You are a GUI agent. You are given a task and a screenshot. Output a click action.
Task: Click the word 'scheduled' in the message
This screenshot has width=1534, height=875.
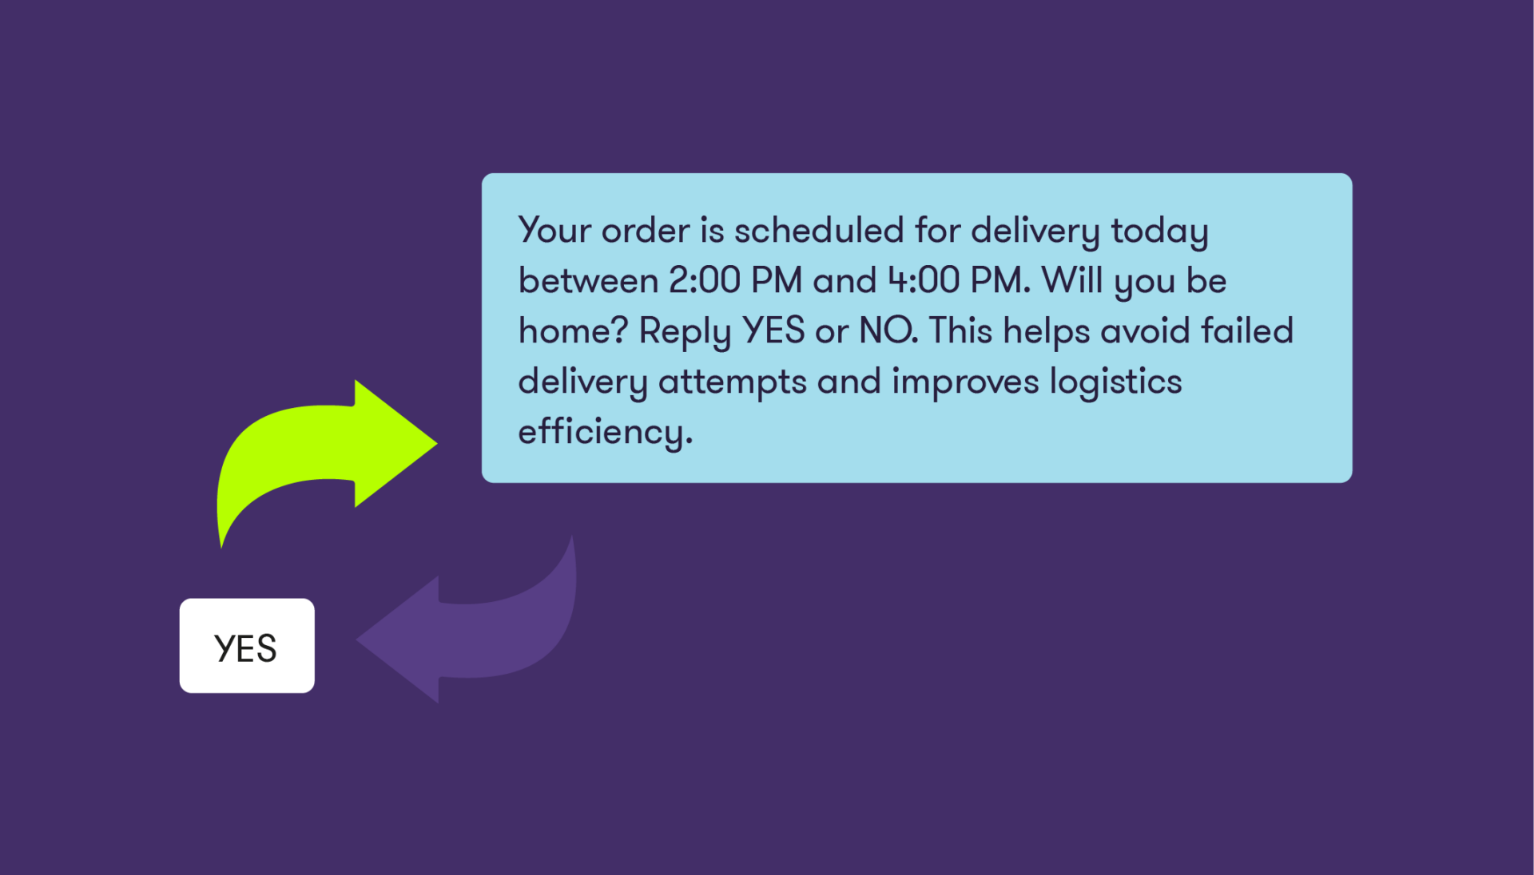pos(819,231)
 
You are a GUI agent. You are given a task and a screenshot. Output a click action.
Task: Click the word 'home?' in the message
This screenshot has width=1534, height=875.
pos(573,331)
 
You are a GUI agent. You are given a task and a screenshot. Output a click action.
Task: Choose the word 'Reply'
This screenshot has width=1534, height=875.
pos(685,331)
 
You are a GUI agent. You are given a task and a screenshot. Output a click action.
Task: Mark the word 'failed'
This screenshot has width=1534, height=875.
pos(1247,331)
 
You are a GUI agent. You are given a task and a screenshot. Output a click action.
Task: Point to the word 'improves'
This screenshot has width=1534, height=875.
pos(965,382)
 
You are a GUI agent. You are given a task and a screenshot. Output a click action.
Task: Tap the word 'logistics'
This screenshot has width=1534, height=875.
pos(1115,382)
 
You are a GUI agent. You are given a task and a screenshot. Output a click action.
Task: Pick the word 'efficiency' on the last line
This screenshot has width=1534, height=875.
pos(602,432)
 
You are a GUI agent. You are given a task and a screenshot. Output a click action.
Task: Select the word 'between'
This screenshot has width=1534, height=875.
pos(588,281)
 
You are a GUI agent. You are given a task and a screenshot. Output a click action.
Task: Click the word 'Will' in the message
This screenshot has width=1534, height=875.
pos(1072,281)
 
